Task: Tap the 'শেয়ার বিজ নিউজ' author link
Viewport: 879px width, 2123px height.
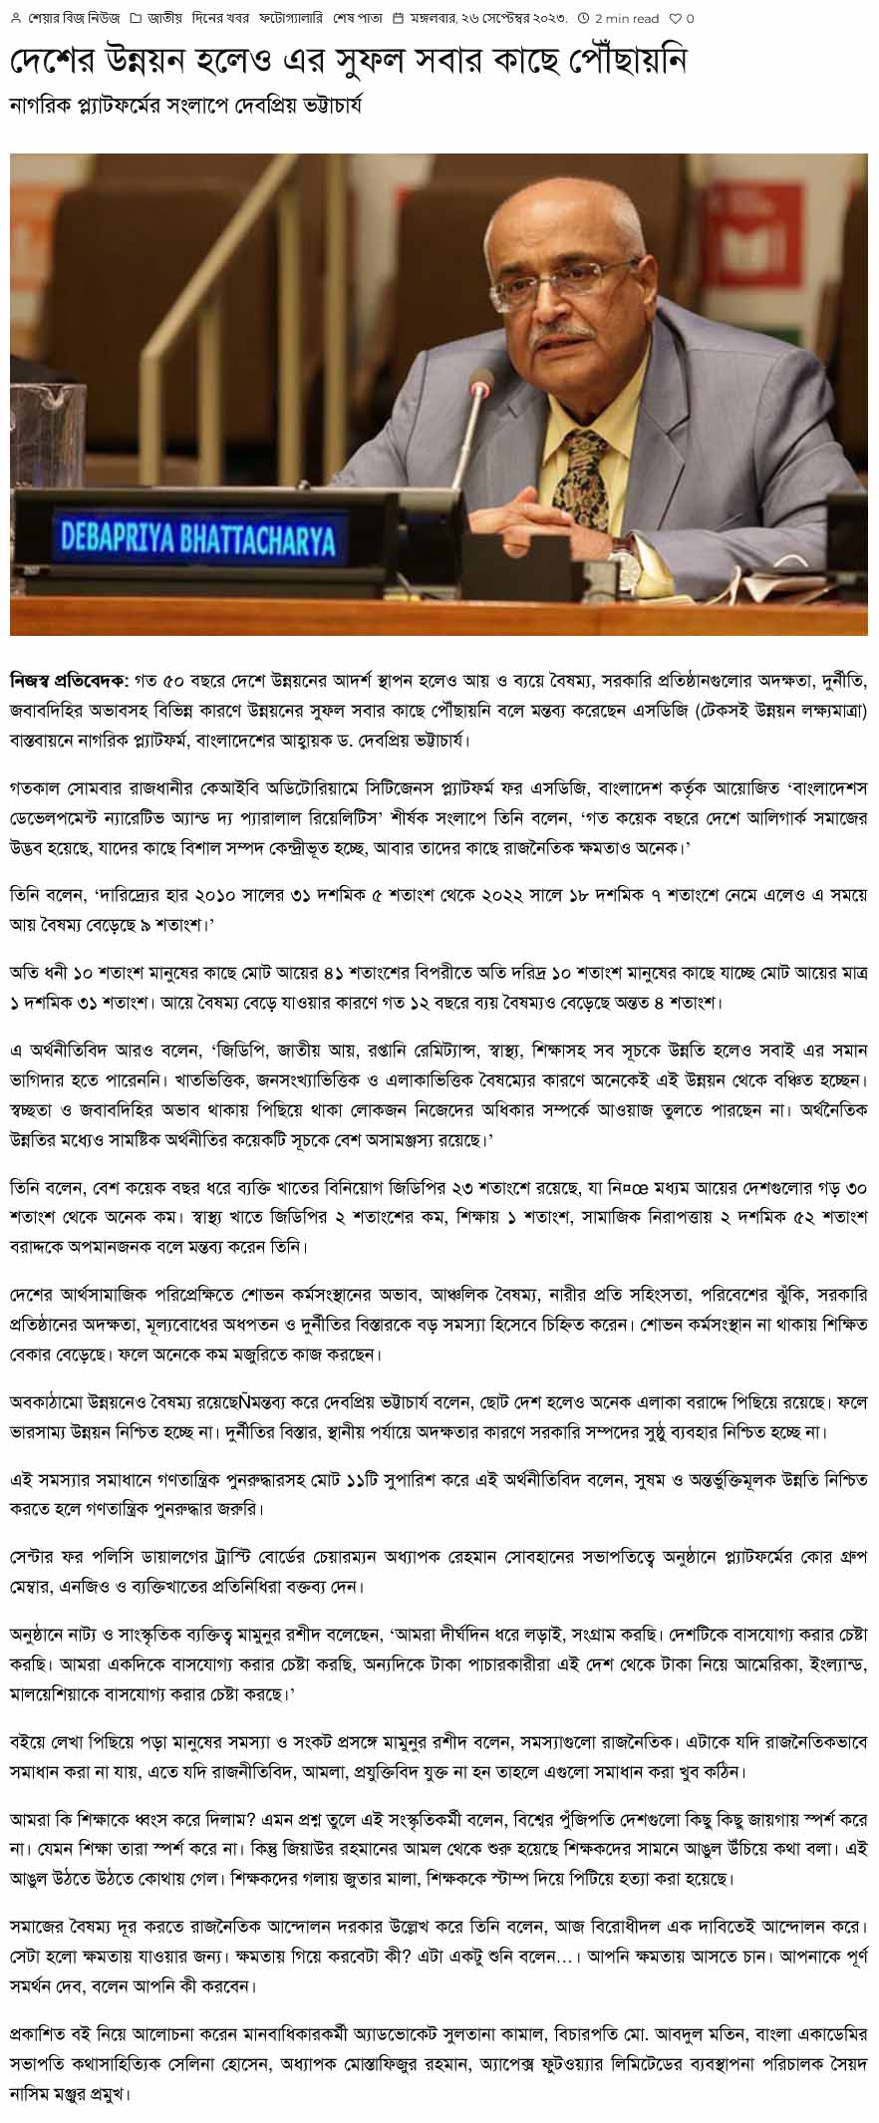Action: (71, 18)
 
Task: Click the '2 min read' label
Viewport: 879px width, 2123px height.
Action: (627, 18)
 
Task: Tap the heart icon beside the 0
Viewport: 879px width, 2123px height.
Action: (675, 18)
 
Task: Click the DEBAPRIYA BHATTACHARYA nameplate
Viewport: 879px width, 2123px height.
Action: (197, 539)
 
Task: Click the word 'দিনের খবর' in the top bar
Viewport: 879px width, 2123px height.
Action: (217, 18)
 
